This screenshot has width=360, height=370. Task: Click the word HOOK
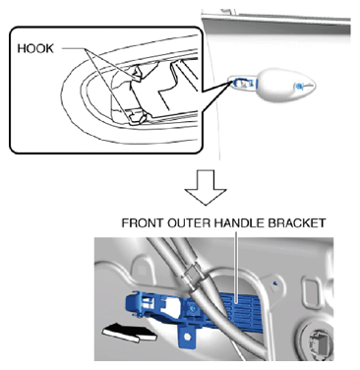coord(35,48)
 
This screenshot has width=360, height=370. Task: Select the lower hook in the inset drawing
coord(137,117)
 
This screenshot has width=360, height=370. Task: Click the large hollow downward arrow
coord(206,187)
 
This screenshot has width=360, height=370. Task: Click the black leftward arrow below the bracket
coord(130,332)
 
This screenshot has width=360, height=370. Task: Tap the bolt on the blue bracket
coord(193,308)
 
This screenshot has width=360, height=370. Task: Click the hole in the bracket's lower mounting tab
coord(187,337)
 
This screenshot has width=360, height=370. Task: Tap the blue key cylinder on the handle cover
coord(299,87)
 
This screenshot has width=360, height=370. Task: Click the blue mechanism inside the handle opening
coord(243,84)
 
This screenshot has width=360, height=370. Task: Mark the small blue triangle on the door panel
coord(275,282)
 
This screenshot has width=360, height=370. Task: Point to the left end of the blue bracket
coord(128,304)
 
